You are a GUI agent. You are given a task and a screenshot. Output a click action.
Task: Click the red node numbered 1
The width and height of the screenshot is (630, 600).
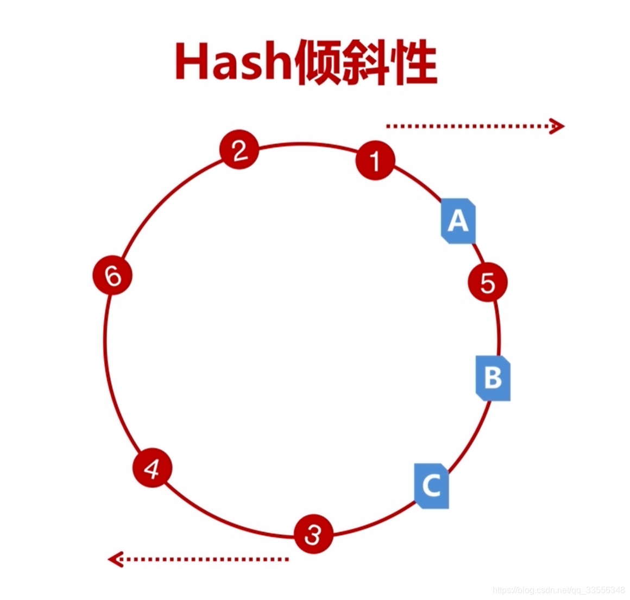tap(375, 160)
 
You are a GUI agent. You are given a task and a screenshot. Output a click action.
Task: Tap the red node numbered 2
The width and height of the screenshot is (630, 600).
tap(239, 150)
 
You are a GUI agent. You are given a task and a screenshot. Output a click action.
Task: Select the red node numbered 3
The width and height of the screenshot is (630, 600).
tap(313, 534)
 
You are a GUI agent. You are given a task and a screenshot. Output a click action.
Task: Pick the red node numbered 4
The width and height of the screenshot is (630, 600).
tap(153, 468)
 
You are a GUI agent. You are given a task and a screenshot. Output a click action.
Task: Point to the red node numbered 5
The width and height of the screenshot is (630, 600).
tap(487, 282)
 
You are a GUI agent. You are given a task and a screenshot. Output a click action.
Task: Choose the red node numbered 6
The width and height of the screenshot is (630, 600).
tap(112, 276)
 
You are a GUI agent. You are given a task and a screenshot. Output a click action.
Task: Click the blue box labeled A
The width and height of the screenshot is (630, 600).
tap(458, 221)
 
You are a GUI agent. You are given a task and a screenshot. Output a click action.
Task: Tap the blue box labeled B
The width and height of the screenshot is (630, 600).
tap(493, 378)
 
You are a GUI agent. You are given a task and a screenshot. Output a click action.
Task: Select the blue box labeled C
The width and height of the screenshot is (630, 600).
tap(431, 485)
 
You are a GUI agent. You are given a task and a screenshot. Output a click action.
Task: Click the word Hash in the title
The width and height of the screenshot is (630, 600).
tap(234, 62)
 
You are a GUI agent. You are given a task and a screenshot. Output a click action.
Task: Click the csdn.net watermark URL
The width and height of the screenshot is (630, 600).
tap(558, 590)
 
